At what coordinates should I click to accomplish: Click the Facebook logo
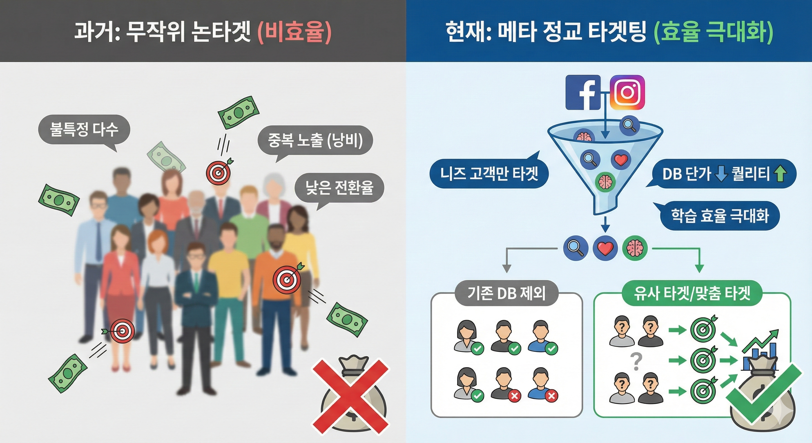[583, 92]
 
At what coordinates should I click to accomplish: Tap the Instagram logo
[627, 92]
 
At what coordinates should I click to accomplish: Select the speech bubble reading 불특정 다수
[84, 129]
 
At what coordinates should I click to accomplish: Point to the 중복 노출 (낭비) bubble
[315, 140]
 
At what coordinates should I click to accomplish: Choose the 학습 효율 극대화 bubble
[720, 216]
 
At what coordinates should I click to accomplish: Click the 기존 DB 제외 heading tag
[506, 293]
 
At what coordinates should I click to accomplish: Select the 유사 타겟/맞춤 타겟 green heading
[692, 293]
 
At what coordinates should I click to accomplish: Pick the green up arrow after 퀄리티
[780, 174]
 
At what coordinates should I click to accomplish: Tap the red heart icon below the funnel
[605, 248]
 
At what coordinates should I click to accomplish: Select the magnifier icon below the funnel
[576, 248]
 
